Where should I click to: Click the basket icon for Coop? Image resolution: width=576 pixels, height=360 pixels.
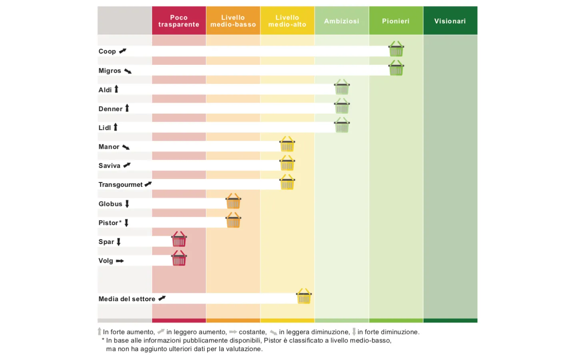[396, 49]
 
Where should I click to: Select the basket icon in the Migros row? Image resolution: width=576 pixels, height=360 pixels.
[396, 68]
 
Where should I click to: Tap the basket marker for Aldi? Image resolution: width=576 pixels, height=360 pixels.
[342, 87]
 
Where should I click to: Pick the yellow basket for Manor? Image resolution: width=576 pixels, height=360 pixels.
[287, 144]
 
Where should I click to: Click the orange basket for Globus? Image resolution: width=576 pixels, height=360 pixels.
[233, 202]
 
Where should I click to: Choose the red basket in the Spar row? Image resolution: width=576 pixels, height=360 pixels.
[179, 240]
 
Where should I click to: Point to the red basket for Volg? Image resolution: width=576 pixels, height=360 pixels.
[179, 259]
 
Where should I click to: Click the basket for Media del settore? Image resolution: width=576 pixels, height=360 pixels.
[304, 297]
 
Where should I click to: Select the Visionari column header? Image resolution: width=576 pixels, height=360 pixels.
[450, 21]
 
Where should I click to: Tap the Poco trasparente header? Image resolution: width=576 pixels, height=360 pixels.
[179, 21]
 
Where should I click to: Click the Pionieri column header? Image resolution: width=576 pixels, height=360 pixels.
[396, 21]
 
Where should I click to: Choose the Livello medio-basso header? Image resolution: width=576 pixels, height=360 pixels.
[233, 21]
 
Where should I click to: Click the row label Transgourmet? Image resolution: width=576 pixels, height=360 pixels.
[120, 185]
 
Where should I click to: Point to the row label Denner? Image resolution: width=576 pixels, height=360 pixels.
[110, 109]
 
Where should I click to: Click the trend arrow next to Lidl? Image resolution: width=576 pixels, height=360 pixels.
[116, 127]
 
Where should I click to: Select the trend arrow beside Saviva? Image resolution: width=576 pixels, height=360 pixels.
[127, 165]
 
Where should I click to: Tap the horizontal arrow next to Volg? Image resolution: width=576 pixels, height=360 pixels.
[120, 261]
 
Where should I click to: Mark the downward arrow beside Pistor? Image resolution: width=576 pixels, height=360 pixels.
[126, 223]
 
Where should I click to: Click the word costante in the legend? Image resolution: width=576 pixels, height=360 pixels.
[252, 332]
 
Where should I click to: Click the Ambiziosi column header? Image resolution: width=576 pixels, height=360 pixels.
[342, 21]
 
